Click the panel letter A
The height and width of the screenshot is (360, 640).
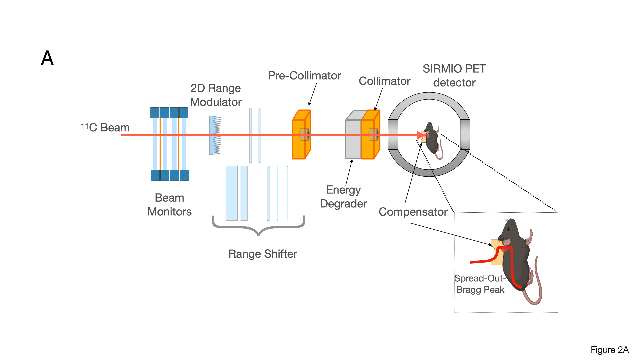(x=47, y=58)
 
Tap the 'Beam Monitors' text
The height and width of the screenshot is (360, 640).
(x=169, y=205)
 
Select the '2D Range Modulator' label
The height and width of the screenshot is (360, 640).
(x=216, y=95)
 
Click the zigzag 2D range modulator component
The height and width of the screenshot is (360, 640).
(x=215, y=135)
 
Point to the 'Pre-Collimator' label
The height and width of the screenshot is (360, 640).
(x=304, y=76)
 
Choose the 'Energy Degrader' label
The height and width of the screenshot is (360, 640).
(x=343, y=197)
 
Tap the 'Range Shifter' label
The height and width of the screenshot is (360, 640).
(x=262, y=254)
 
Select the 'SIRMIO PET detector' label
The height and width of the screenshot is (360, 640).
(x=454, y=76)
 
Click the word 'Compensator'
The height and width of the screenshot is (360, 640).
(x=413, y=212)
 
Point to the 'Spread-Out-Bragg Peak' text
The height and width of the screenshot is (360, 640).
(x=480, y=284)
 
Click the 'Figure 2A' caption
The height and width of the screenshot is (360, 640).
(x=609, y=350)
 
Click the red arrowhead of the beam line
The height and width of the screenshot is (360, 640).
(x=421, y=135)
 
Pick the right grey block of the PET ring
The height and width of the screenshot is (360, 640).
(x=465, y=134)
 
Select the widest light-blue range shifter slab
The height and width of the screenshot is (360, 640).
(x=231, y=193)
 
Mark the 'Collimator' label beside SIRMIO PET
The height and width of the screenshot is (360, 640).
(x=384, y=81)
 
